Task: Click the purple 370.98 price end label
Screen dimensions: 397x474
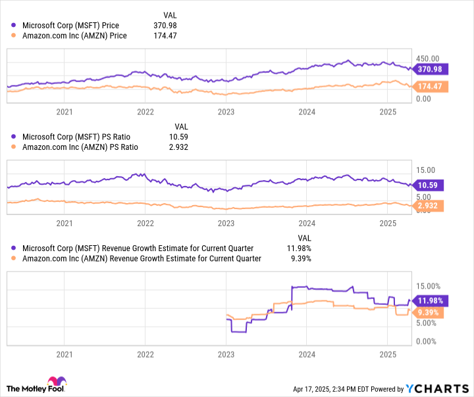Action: tap(430, 69)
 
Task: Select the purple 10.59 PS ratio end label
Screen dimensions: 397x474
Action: tap(429, 185)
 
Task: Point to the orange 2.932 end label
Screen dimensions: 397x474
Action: tap(430, 206)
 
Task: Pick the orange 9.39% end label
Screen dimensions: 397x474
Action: tap(430, 313)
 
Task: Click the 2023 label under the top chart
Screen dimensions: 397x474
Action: tap(226, 112)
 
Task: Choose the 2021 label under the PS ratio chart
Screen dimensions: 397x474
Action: tap(64, 223)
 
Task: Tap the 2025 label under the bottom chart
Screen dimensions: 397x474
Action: tap(388, 354)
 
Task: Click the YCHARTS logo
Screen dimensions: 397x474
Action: tap(436, 388)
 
